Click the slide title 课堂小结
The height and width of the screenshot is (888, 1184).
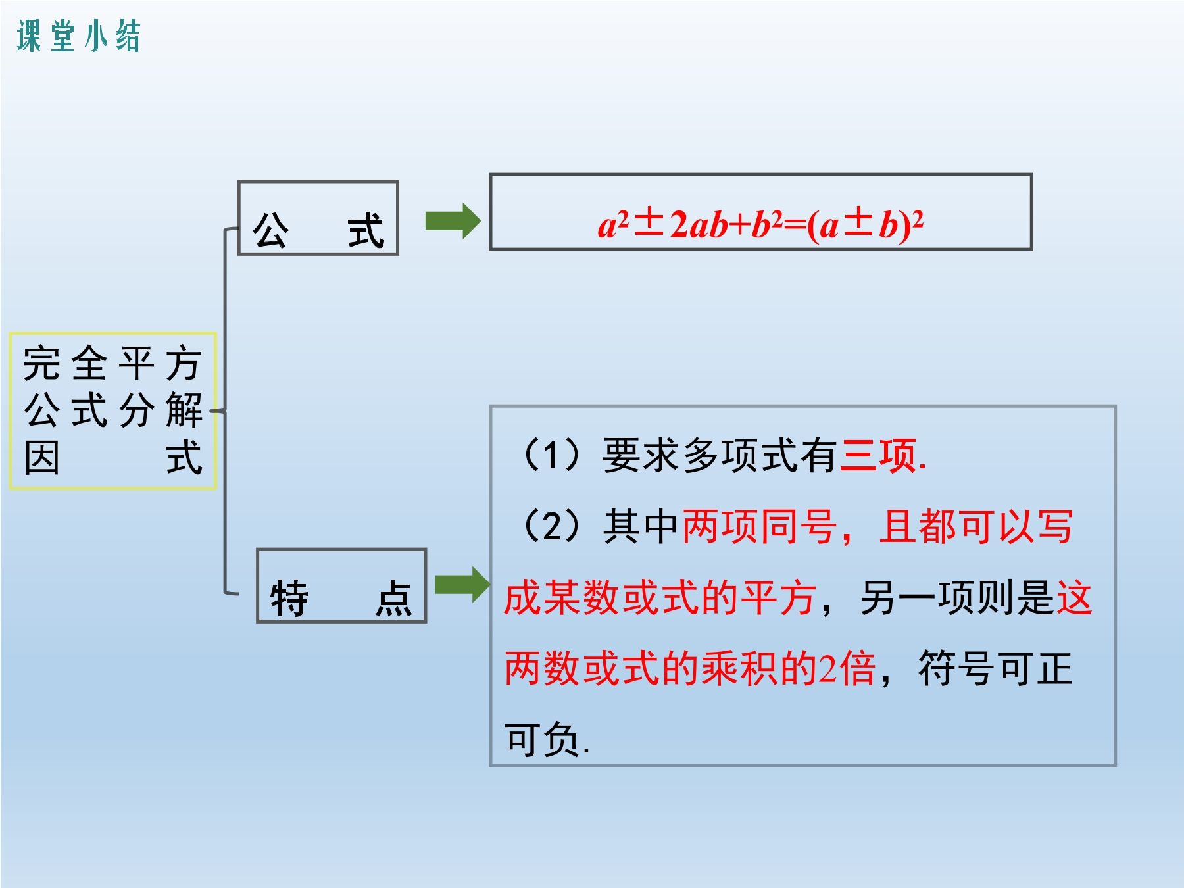pyautogui.click(x=79, y=36)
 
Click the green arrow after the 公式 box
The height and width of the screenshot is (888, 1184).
pyautogui.click(x=453, y=221)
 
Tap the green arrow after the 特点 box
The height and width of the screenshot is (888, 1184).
pyautogui.click(x=462, y=584)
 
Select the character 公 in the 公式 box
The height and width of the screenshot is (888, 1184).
pyautogui.click(x=271, y=230)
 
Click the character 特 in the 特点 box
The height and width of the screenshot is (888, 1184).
pyautogui.click(x=289, y=599)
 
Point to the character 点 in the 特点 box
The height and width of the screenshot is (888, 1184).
pyautogui.click(x=393, y=599)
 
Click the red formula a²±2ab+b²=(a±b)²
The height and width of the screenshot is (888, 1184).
pyautogui.click(x=760, y=224)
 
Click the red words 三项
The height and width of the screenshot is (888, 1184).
pyautogui.click(x=879, y=455)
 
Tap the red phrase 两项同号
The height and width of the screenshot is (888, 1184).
pyautogui.click(x=760, y=526)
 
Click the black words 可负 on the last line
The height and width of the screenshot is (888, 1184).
pyautogui.click(x=542, y=739)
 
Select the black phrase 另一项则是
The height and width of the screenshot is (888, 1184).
pyautogui.click(x=958, y=597)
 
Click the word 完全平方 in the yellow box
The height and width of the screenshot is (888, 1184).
pyautogui.click(x=112, y=363)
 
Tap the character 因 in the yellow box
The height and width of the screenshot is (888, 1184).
pyautogui.click(x=42, y=458)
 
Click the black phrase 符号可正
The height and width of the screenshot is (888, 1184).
pyautogui.click(x=996, y=668)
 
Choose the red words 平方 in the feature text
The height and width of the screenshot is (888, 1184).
pyautogui.click(x=779, y=597)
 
